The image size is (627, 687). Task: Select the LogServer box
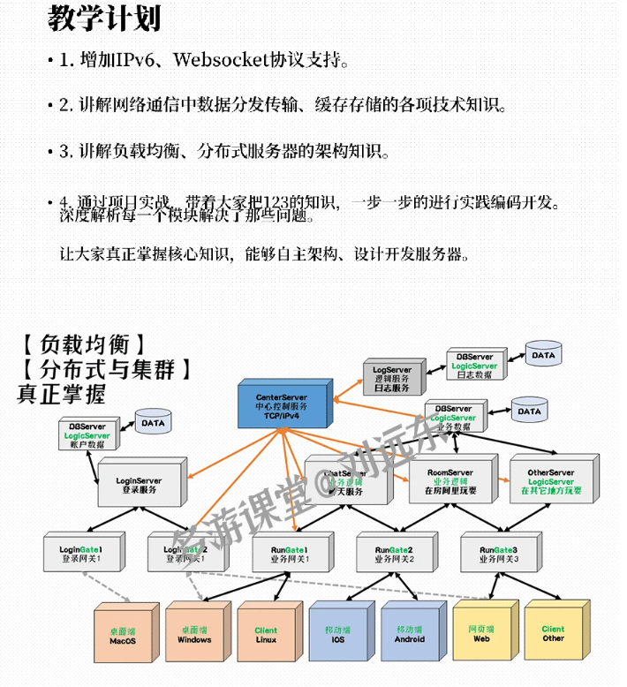click(x=390, y=377)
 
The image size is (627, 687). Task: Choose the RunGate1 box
click(x=289, y=554)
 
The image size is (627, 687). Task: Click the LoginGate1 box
click(x=80, y=554)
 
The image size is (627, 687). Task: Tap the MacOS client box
click(x=123, y=636)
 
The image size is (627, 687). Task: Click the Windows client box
click(x=194, y=636)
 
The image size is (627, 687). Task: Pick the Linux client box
click(x=266, y=636)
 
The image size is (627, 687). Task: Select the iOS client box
click(x=337, y=636)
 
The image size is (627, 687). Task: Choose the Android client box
click(x=410, y=636)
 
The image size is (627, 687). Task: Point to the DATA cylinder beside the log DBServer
click(x=543, y=356)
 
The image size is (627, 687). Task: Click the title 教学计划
click(x=104, y=19)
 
